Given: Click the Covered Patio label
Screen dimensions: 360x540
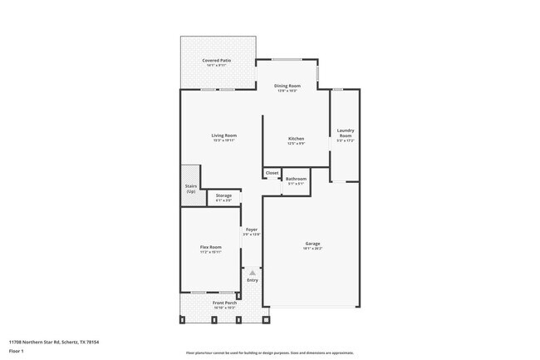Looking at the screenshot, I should (218, 61).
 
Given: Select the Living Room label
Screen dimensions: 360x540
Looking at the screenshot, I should (223, 136).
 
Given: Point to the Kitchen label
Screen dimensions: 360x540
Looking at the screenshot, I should (296, 138).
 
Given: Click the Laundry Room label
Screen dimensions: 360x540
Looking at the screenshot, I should (345, 132).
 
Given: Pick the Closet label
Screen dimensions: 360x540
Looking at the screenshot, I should (272, 173).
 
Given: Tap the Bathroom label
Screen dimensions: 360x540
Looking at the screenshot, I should (296, 179).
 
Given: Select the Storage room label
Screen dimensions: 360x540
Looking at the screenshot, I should (223, 195).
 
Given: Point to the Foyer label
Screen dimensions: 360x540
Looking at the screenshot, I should (251, 229).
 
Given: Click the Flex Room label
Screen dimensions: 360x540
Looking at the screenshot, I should (210, 247).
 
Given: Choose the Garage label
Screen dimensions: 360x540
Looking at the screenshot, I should (312, 244).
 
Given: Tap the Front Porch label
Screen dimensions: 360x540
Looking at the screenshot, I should (224, 303).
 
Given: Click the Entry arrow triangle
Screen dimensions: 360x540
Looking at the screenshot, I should (253, 272).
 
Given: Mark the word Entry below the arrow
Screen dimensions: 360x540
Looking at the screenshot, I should (253, 280).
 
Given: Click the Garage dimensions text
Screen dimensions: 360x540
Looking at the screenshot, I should (312, 249).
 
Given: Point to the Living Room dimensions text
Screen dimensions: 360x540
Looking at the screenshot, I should (223, 141).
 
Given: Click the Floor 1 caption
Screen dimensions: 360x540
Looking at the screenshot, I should (17, 352).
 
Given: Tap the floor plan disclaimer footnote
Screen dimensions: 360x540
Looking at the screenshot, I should (269, 353).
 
